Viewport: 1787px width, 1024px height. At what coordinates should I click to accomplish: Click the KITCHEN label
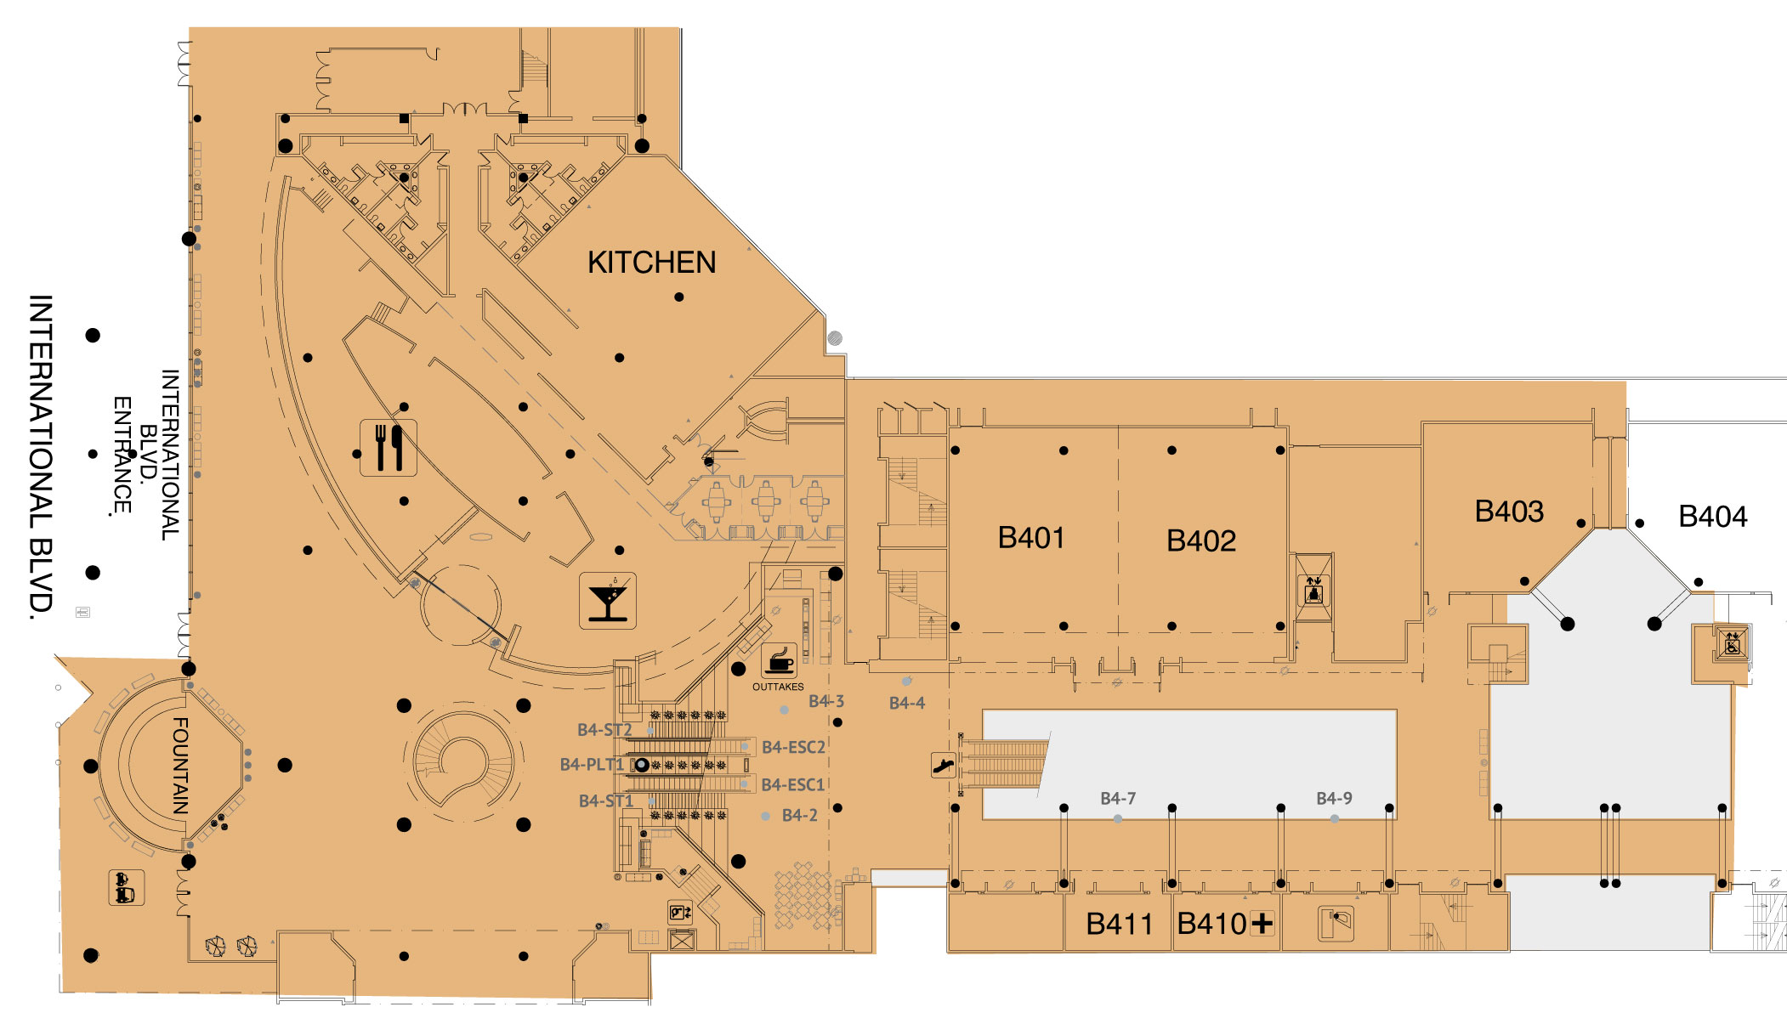click(x=651, y=263)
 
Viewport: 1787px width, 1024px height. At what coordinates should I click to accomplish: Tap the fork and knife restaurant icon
click(x=389, y=448)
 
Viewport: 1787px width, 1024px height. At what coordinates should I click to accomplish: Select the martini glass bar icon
click(x=608, y=601)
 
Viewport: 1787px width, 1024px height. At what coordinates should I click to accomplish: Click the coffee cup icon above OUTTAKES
click(x=778, y=660)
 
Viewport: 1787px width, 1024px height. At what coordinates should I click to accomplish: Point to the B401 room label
click(x=1030, y=538)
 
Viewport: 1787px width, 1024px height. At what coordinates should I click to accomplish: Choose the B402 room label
click(x=1200, y=540)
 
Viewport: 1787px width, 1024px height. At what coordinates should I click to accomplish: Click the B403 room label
click(x=1509, y=512)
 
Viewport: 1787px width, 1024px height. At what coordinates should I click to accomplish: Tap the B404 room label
click(x=1712, y=517)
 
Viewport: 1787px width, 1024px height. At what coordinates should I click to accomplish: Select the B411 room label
click(x=1119, y=924)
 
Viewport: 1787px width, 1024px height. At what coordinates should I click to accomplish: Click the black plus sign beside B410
click(x=1262, y=923)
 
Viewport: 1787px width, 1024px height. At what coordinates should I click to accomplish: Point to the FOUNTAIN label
click(x=180, y=766)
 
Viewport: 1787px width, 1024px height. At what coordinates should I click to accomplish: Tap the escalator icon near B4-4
click(x=943, y=766)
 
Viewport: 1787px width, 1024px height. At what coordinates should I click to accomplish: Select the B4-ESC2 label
click(x=793, y=748)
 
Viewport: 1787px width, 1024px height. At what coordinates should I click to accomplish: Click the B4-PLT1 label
click(x=592, y=765)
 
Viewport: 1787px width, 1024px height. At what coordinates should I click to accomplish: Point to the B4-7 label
click(x=1118, y=799)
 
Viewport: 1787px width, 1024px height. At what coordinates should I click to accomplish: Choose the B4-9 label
click(x=1334, y=799)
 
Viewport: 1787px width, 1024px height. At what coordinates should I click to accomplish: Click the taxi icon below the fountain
click(x=126, y=888)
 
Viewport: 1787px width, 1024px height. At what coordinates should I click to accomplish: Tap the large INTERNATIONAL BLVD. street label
click(x=40, y=457)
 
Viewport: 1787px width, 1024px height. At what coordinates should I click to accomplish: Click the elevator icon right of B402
click(x=1313, y=587)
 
